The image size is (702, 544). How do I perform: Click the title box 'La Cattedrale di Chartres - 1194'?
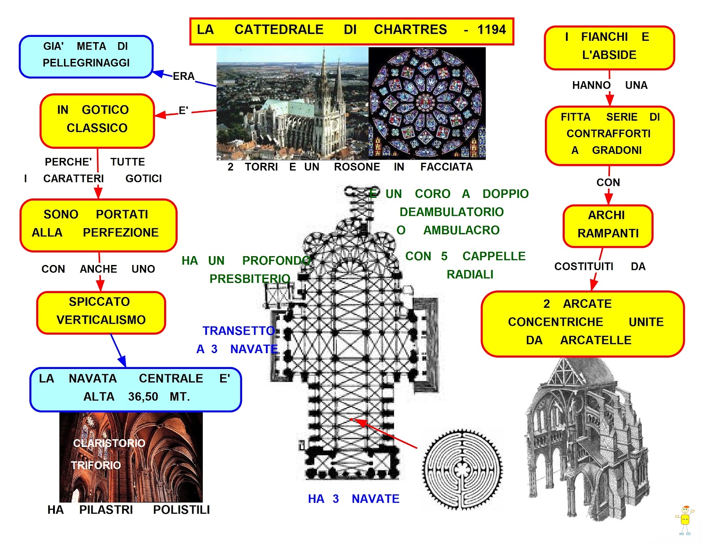click(351, 31)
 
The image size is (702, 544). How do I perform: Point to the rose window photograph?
click(427, 103)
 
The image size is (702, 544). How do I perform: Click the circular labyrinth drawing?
click(462, 469)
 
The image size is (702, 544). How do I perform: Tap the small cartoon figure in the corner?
click(684, 520)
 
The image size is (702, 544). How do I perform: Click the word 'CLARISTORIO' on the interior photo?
click(109, 443)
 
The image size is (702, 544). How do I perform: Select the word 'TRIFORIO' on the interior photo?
click(96, 465)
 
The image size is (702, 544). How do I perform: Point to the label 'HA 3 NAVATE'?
click(354, 499)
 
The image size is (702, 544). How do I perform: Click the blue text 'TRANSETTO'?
click(238, 331)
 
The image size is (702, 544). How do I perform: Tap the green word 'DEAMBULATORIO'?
click(451, 212)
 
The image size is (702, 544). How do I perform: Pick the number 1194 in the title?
click(491, 30)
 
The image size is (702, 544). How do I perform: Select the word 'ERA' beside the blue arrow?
click(183, 76)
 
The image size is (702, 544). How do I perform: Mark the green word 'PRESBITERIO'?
click(249, 279)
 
